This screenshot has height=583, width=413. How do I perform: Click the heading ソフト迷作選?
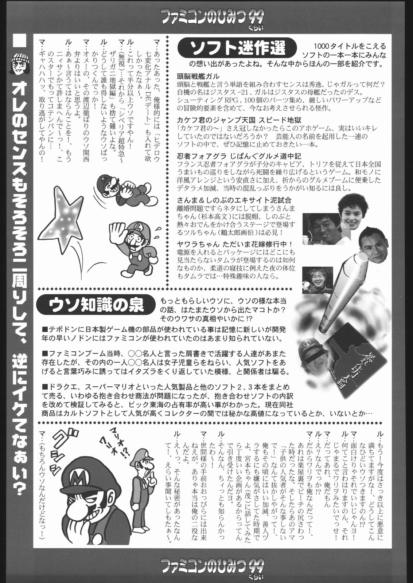coord(237,48)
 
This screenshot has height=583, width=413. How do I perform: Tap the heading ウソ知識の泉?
coord(96,305)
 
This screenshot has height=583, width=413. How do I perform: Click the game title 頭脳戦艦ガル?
coord(198,76)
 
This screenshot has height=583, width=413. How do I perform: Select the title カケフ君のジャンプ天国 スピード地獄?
coord(239,120)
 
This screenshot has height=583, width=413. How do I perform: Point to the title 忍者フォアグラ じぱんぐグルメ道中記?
coord(239,156)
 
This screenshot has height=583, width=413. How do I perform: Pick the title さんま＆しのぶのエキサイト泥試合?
coord(234,200)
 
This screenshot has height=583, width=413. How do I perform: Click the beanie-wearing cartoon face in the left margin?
coord(20,63)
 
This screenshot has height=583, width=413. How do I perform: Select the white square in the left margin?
coord(20,40)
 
